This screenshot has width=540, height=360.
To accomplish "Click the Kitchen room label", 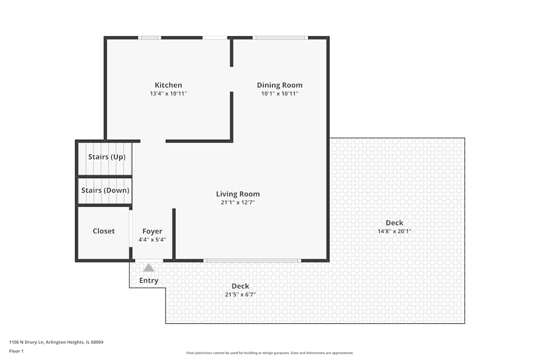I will tap(168, 85).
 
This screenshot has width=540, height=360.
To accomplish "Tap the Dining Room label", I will tap(279, 85).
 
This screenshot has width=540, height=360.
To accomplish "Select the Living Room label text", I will tap(238, 194).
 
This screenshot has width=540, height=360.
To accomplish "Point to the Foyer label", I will tap(152, 231).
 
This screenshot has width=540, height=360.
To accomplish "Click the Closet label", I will tap(104, 231).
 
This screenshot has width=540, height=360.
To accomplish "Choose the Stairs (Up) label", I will tap(107, 157).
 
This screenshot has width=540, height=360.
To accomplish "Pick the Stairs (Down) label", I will tap(105, 190).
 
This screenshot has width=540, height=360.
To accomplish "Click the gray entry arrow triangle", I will tap(148, 267).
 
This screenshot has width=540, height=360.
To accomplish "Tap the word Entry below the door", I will tap(148, 280).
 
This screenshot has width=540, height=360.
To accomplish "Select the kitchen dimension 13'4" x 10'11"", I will tap(168, 93).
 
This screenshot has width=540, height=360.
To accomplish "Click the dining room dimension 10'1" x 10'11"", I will tap(279, 93).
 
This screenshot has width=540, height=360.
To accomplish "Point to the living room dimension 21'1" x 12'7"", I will tap(238, 202).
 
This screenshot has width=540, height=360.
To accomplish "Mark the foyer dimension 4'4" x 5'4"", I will tap(152, 240).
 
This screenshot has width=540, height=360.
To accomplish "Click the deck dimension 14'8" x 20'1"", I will tap(394, 231).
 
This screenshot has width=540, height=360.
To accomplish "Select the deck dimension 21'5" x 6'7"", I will tap(240, 295).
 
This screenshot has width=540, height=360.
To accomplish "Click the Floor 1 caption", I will tap(17, 351).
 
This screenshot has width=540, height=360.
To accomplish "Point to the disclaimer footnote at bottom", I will tap(270, 353).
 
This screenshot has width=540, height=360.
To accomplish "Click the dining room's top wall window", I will tap(280, 38).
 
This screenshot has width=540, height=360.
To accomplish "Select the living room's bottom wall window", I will tap(252, 261).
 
